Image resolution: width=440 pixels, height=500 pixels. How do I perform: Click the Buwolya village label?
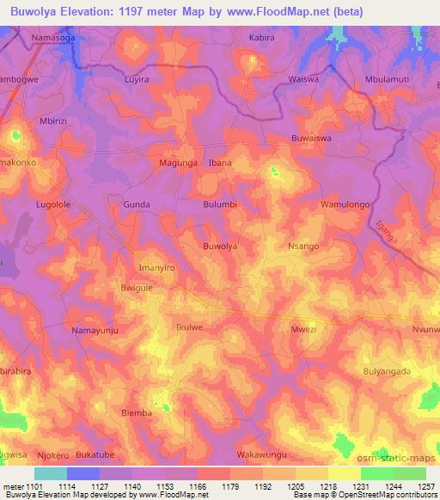point(219,247)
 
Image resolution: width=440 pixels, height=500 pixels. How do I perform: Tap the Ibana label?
point(221,162)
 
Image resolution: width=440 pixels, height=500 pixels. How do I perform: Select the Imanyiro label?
point(157,268)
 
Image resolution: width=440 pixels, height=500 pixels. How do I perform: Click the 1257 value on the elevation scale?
point(423,485)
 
